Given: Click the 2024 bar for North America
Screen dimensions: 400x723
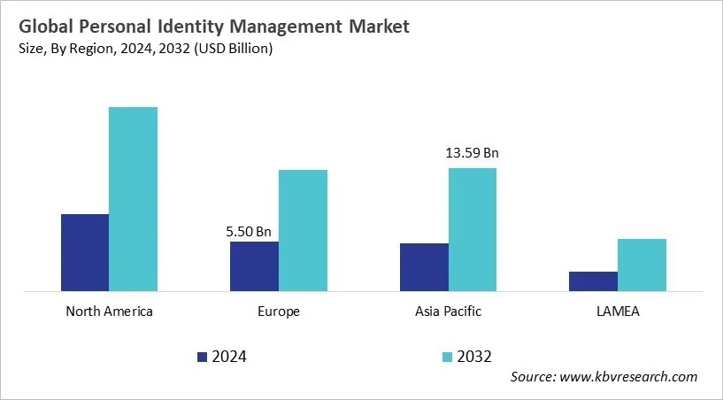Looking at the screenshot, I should tap(85, 252).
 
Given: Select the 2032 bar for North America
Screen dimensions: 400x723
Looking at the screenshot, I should tap(133, 199).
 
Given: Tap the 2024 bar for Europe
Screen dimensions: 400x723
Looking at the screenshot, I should tap(254, 265).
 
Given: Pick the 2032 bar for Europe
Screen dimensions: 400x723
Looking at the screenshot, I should tap(303, 230).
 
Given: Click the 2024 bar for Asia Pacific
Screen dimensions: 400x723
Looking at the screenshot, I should tap(424, 266).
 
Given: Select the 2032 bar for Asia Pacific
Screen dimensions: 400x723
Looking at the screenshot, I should tap(473, 229).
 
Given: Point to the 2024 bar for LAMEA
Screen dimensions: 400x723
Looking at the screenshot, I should tap(593, 281).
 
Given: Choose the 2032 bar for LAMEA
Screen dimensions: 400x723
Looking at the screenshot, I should tap(642, 265).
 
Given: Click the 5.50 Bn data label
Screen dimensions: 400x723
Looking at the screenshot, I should tap(249, 232).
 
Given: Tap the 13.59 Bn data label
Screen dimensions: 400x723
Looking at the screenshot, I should tap(473, 153).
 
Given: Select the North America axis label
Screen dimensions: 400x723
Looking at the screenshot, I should tap(109, 312).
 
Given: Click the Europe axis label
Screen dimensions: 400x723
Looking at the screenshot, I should tap(279, 312).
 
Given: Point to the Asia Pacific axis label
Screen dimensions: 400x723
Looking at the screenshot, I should tap(448, 312).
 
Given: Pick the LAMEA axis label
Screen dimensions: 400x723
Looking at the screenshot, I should tap(618, 312).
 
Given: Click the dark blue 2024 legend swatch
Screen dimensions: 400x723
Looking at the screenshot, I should tap(202, 357).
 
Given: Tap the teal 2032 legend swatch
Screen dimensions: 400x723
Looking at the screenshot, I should tap(447, 357).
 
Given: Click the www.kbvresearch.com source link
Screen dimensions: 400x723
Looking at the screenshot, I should tap(631, 377).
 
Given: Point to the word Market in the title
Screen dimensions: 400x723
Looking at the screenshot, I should tap(378, 27).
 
